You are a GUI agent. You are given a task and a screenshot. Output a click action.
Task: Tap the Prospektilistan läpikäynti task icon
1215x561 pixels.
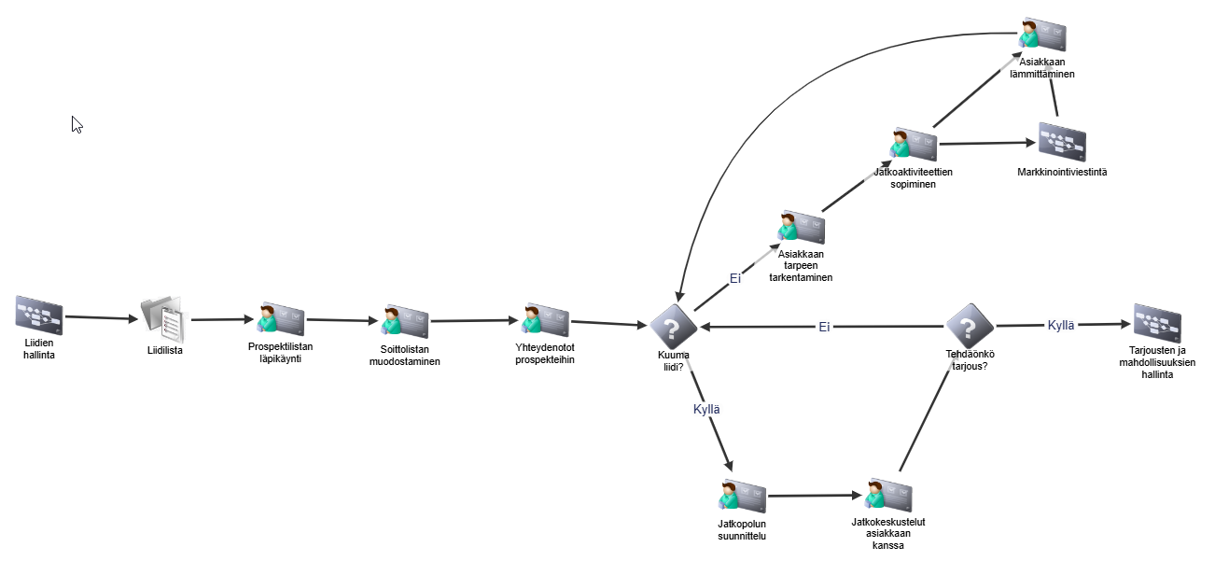[281, 319]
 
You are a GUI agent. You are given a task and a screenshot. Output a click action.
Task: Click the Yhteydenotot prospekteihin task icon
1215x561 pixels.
[545, 320]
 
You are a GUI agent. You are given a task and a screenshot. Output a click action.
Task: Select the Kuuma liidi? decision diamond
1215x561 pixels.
[674, 326]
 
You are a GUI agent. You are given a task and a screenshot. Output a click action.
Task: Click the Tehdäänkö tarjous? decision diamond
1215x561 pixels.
[970, 326]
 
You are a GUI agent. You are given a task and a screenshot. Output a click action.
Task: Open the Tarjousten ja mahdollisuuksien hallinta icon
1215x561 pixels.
[1157, 322]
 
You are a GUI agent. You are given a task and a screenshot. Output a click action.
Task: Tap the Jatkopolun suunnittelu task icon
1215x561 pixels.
[743, 496]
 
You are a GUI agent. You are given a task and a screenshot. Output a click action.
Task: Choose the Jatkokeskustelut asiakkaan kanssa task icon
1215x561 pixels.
[888, 496]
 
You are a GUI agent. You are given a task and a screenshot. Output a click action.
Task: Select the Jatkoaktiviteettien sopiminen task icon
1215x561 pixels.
[913, 146]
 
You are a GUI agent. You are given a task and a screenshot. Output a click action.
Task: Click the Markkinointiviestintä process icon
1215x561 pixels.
[1062, 142]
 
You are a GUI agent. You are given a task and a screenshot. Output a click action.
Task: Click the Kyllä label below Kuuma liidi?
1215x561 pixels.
[706, 409]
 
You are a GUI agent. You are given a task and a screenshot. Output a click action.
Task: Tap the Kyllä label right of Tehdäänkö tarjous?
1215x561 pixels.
[1061, 325]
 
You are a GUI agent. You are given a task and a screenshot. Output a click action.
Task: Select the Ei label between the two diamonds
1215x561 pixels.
[824, 327]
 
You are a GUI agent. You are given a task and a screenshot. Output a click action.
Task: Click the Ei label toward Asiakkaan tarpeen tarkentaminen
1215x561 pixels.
[734, 278]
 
